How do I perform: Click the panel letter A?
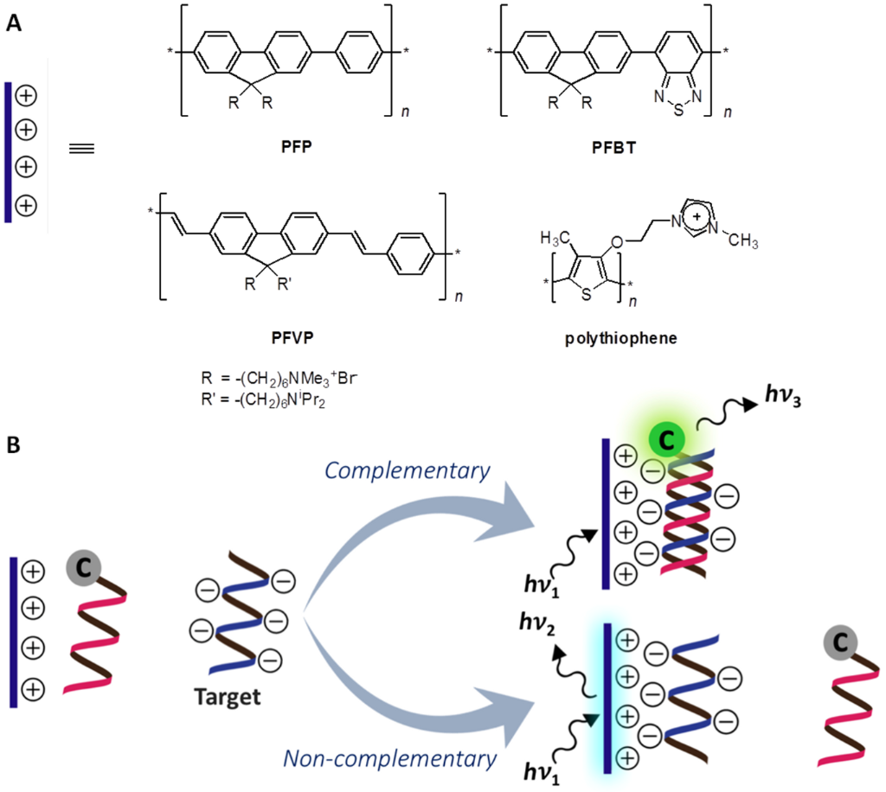point(14,23)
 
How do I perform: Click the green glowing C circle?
point(665,440)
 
